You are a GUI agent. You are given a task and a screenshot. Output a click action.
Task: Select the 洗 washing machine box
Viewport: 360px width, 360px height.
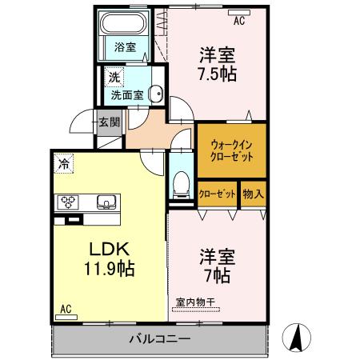pos(114,78)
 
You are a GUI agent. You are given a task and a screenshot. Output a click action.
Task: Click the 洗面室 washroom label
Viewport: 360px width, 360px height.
pos(126,93)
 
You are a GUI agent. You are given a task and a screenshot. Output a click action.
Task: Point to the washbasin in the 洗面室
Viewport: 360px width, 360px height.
pos(156,94)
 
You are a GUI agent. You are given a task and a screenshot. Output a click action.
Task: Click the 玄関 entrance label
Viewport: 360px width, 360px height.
pos(108,122)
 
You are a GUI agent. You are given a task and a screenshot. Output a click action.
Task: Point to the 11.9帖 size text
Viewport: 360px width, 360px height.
pos(106,268)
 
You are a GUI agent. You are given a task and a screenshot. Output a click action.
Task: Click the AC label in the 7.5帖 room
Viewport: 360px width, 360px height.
pos(238,20)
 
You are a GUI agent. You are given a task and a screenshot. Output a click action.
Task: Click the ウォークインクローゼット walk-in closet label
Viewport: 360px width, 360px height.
pos(232,151)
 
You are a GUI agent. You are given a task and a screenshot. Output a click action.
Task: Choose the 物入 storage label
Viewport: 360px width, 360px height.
pos(253,194)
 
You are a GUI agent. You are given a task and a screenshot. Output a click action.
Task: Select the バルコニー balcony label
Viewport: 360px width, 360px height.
pos(160,338)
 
